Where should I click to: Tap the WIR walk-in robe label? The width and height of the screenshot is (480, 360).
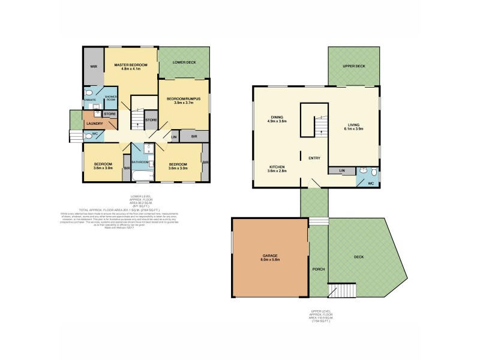(x=94, y=67)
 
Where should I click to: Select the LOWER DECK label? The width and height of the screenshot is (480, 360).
(x=184, y=62)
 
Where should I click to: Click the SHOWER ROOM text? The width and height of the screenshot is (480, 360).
(x=112, y=98)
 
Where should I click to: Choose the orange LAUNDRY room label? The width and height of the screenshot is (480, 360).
(x=94, y=124)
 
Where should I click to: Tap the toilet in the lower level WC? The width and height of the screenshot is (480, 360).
(x=88, y=137)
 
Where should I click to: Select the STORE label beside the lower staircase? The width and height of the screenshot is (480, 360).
(x=151, y=120)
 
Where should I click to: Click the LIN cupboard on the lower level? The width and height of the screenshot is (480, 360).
(x=174, y=137)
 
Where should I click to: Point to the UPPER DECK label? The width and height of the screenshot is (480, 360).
(x=353, y=66)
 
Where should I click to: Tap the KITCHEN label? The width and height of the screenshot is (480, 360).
(x=277, y=169)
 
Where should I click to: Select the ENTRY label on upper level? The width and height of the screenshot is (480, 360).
(x=314, y=158)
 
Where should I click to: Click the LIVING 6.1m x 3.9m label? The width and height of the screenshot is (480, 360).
(x=353, y=127)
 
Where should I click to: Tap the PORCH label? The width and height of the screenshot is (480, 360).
(x=318, y=269)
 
